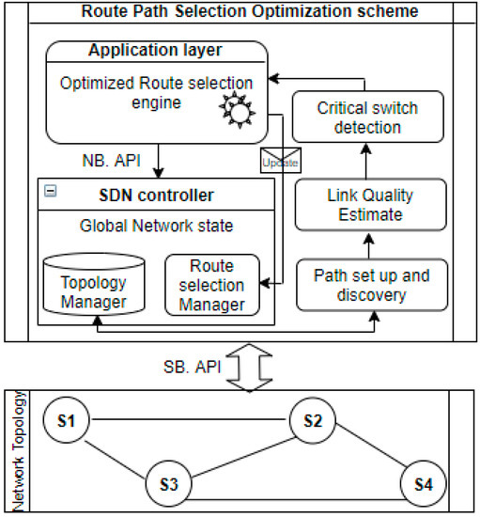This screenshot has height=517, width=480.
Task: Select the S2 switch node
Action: pos(314,421)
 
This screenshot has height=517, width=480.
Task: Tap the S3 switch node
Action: pos(169,484)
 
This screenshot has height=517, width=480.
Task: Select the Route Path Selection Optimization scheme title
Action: pos(240,12)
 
